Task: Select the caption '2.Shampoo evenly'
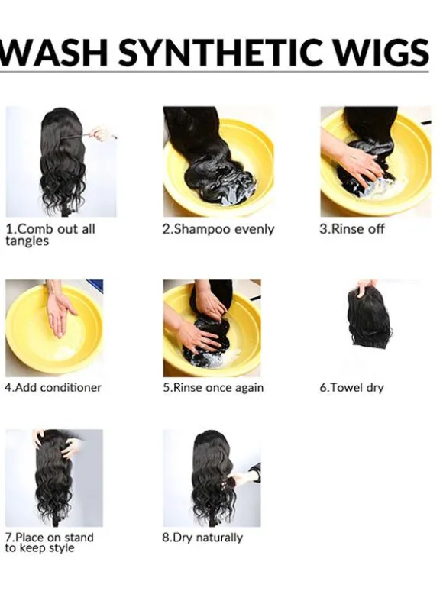point(218,230)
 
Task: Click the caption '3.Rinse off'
point(352,229)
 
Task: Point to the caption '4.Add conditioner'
point(53,387)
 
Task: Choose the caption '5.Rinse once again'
point(213,388)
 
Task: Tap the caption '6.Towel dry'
point(351,388)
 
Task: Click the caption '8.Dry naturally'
point(202,538)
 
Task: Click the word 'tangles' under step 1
point(27,241)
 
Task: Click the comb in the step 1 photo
point(76,137)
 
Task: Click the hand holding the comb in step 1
point(102,134)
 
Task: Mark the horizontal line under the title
point(214,70)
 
